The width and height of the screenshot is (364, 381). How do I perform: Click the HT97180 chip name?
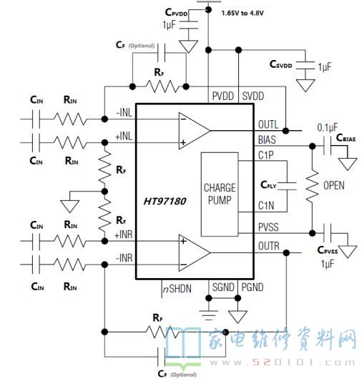(x=165, y=201)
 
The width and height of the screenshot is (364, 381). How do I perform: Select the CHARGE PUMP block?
(x=220, y=194)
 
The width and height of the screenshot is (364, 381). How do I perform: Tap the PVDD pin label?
(x=223, y=97)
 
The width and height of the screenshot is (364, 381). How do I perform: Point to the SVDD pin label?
(x=253, y=97)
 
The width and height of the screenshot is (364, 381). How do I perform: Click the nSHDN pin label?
(x=177, y=289)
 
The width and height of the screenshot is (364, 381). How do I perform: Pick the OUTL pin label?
(x=268, y=124)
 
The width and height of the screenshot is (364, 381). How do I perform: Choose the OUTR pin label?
(x=269, y=246)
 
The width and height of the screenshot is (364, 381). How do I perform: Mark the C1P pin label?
(x=266, y=155)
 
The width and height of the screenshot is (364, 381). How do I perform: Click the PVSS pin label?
(x=268, y=227)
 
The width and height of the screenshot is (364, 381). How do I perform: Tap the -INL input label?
(x=124, y=113)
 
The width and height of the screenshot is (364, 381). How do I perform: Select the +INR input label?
(x=124, y=234)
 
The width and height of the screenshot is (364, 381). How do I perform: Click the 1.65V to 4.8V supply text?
(x=242, y=13)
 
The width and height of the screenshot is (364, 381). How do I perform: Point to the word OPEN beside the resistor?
(x=334, y=186)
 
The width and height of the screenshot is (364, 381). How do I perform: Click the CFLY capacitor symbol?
(x=287, y=186)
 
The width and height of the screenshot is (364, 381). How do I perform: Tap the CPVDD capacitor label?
(x=177, y=12)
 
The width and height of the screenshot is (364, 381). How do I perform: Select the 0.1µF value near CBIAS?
(x=328, y=127)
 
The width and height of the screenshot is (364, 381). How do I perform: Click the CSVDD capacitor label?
(x=280, y=64)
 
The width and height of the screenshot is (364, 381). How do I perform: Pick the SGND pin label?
(x=223, y=287)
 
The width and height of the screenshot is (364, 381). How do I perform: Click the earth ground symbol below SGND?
(x=209, y=315)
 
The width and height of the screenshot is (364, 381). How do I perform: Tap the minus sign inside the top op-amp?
(x=184, y=119)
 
